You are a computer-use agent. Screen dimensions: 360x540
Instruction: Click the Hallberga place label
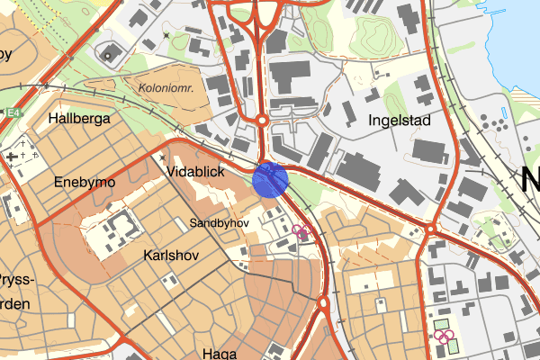coord(80,118)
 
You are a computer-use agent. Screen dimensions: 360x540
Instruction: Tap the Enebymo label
coord(85,182)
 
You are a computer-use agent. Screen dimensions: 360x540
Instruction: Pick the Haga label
coord(219,353)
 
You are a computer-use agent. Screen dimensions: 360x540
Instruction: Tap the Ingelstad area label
coord(400,120)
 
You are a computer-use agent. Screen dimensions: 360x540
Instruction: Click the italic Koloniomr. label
coord(166,87)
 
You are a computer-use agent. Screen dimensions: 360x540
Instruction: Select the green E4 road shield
coord(12,113)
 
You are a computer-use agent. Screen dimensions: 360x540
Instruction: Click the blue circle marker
coord(270,178)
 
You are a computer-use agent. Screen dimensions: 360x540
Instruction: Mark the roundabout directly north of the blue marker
coord(262,119)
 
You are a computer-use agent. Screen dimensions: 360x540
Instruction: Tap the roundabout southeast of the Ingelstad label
coord(430,229)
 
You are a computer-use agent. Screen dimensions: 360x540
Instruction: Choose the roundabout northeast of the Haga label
coord(322,303)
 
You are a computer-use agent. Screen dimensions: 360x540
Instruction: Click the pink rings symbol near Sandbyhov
coord(301,232)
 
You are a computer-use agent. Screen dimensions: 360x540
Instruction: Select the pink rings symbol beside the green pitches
coord(443,337)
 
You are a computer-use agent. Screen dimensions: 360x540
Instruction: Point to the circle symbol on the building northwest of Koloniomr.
coord(108,55)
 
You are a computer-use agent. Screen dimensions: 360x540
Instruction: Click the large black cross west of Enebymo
coord(11,157)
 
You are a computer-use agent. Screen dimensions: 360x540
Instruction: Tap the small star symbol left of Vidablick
coord(161,156)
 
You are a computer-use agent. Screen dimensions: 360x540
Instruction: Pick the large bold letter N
coord(530,180)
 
